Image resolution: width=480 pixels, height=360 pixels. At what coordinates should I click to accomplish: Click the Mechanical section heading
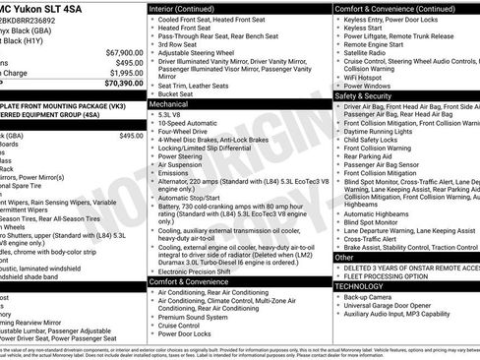(x=170, y=102)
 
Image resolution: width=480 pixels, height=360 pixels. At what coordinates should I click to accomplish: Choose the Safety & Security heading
(x=363, y=96)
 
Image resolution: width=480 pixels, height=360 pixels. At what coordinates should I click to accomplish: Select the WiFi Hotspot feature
(x=366, y=76)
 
